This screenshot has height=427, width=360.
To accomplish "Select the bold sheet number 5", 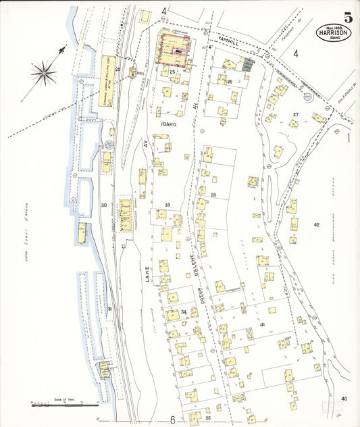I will (x=347, y=18).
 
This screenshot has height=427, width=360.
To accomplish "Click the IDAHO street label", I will (x=168, y=124).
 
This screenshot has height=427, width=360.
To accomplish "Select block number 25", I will (x=173, y=72).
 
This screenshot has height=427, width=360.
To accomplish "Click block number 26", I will (x=230, y=82).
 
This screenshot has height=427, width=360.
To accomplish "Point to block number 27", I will (x=295, y=114).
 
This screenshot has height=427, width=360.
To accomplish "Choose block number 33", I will (x=166, y=205).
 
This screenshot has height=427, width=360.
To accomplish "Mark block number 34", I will (x=184, y=311).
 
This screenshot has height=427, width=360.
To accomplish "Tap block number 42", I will (x=315, y=224).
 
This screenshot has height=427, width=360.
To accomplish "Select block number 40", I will (x=344, y=399).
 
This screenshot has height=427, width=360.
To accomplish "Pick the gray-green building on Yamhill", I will (x=249, y=65).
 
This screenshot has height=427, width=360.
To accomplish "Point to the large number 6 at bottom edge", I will (x=172, y=420).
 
